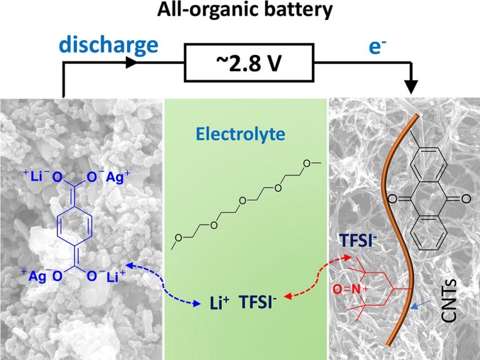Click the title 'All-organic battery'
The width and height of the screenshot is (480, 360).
click(x=244, y=9)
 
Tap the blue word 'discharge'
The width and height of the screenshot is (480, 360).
click(x=109, y=45)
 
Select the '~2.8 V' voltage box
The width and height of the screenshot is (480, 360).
click(x=249, y=62)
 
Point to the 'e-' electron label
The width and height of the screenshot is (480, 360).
click(x=377, y=47)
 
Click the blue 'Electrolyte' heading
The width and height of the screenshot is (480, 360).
click(x=241, y=134)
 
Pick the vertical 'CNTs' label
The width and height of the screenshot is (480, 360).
click(x=449, y=300)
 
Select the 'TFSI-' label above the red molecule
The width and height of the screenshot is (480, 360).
click(x=357, y=241)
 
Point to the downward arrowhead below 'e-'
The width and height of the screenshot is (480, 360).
click(x=411, y=88)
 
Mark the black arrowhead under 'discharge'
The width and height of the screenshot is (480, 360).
click(x=132, y=62)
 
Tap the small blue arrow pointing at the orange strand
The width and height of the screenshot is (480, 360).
click(x=420, y=305)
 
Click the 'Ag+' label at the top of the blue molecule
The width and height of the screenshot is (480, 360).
click(x=118, y=177)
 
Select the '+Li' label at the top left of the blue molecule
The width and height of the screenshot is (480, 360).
click(x=33, y=176)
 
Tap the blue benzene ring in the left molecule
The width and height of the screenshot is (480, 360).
click(x=74, y=226)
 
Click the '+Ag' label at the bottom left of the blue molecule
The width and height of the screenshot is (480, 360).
click(x=34, y=276)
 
